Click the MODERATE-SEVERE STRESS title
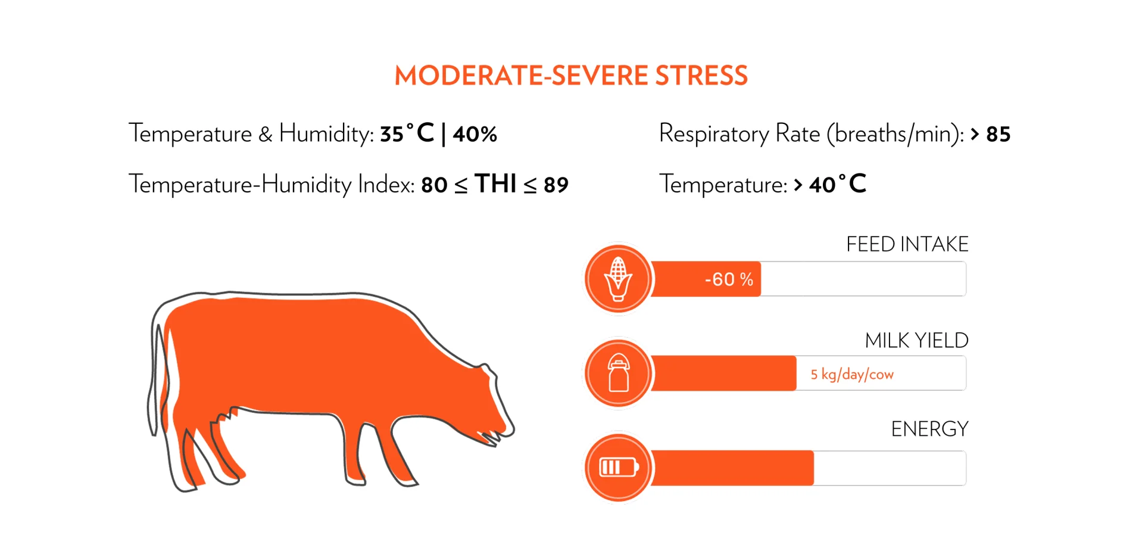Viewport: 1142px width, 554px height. click(570, 76)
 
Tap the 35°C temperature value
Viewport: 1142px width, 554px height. click(407, 133)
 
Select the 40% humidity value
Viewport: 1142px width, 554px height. click(475, 134)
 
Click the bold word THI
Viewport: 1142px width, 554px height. click(495, 184)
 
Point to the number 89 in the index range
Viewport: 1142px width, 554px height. click(556, 185)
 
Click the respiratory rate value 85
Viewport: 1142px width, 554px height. click(998, 135)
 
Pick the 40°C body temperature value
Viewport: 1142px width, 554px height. click(837, 185)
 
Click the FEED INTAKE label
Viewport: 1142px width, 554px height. click(907, 244)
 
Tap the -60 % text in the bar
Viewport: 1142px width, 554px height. click(729, 279)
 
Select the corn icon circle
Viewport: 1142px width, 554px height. click(618, 279)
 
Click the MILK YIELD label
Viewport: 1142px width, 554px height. click(916, 341)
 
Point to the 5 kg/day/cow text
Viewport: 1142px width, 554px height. click(851, 374)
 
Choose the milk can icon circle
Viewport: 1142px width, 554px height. click(618, 374)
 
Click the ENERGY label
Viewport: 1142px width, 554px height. click(929, 429)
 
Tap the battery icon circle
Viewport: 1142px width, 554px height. click(618, 468)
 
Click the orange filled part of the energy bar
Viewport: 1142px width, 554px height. click(732, 468)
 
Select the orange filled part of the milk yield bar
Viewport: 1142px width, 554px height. click(723, 374)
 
